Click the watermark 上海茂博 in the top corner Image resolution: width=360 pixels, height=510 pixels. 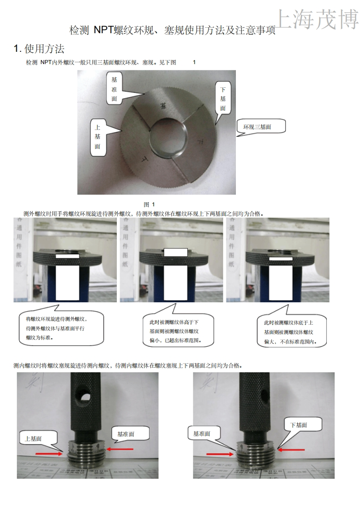(317, 19)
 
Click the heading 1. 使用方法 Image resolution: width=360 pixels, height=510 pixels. (39, 48)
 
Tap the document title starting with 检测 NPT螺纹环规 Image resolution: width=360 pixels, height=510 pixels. (172, 30)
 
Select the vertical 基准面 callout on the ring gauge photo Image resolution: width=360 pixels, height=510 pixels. (115, 89)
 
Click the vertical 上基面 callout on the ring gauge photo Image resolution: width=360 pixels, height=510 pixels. (98, 137)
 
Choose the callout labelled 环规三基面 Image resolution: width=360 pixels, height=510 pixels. (261, 127)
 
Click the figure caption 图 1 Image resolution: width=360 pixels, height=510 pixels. (149, 204)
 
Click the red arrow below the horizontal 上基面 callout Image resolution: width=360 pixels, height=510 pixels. (50, 453)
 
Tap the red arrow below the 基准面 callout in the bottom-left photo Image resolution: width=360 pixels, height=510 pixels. (120, 449)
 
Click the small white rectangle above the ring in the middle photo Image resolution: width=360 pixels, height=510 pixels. (175, 252)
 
